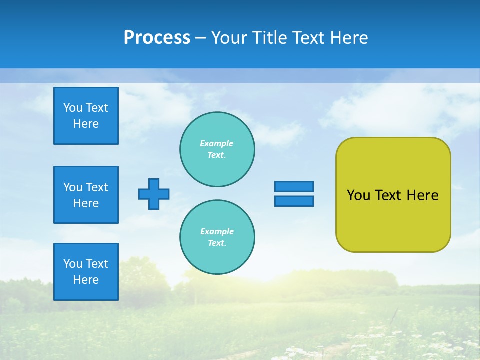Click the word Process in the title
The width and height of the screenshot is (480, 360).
coord(157,38)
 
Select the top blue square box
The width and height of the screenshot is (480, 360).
coord(86,116)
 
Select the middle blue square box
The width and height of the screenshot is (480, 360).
coord(86,195)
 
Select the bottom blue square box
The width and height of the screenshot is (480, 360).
coord(86,272)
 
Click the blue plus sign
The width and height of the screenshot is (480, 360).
coord(154,194)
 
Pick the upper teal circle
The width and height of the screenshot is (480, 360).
coord(217,149)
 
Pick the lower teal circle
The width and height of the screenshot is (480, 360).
coord(217,237)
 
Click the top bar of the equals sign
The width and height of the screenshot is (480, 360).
coord(294,186)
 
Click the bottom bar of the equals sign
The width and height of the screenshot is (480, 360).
coord(294,201)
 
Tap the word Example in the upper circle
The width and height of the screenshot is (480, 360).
coord(216,143)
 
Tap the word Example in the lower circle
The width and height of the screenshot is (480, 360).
coord(217,231)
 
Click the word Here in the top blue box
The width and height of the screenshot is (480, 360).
coord(86,124)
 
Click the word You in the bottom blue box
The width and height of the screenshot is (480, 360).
coord(73,264)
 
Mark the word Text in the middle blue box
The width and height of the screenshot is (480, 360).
coord(97,187)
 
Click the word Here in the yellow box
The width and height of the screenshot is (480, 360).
coord(422,195)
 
